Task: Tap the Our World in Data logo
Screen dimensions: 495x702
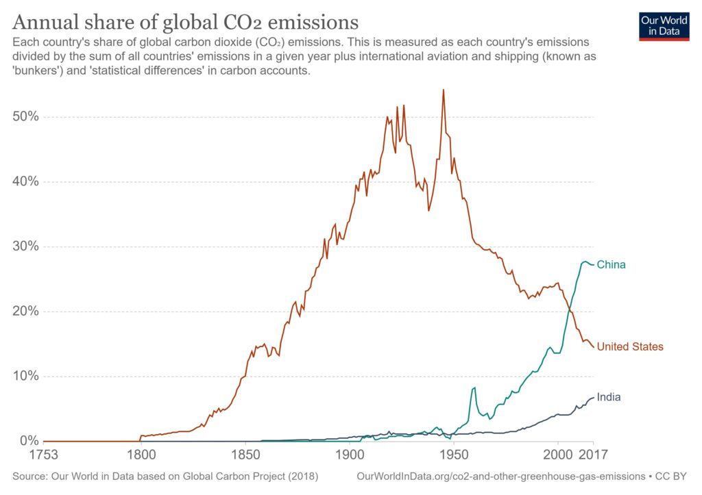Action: tap(663, 25)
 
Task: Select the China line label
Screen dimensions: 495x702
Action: tap(611, 264)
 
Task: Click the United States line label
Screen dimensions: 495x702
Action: tap(630, 346)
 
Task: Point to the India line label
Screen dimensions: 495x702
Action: tap(609, 397)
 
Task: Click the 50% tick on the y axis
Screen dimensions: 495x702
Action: tap(25, 117)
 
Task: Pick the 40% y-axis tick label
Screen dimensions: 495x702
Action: tap(25, 182)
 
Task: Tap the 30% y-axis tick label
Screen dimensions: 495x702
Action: tap(25, 246)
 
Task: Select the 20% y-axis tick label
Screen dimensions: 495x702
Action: tap(25, 312)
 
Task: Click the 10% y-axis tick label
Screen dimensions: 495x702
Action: tap(25, 377)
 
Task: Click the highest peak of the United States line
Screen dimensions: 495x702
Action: tap(444, 90)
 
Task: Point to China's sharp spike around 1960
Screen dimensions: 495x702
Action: tap(474, 388)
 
